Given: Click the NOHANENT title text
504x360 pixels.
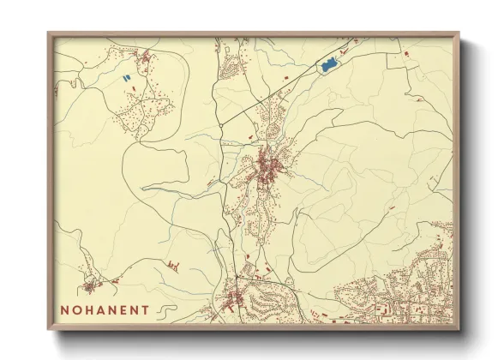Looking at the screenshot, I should (x=105, y=309).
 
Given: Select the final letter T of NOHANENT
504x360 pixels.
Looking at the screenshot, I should (x=146, y=309).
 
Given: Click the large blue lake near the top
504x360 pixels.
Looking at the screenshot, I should (x=327, y=65).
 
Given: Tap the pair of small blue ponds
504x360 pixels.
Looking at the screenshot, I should (x=127, y=79).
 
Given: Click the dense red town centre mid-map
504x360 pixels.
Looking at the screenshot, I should (x=270, y=165).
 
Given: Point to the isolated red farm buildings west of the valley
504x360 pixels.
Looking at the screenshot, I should (x=174, y=265).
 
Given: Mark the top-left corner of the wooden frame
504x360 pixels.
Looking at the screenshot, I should (x=49, y=33).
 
